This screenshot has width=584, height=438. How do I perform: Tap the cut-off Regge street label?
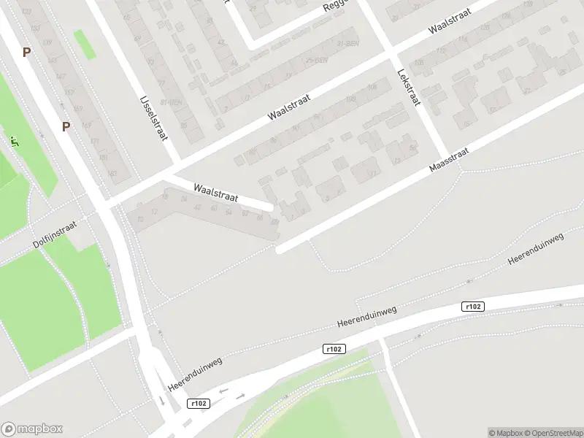(x=337, y=7)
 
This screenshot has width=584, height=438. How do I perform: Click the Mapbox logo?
(x=32, y=429)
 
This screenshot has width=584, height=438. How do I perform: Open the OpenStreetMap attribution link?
(x=554, y=433)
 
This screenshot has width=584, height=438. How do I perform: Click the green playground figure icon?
(x=13, y=139)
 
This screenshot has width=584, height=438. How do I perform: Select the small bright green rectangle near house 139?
(x=85, y=45)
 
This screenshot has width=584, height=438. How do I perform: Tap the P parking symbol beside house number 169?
(x=66, y=126)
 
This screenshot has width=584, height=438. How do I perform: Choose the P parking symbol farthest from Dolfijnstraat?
(x=27, y=52)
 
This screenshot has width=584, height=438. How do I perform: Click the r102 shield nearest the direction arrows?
(x=198, y=403)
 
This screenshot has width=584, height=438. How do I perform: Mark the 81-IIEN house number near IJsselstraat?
(x=174, y=102)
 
